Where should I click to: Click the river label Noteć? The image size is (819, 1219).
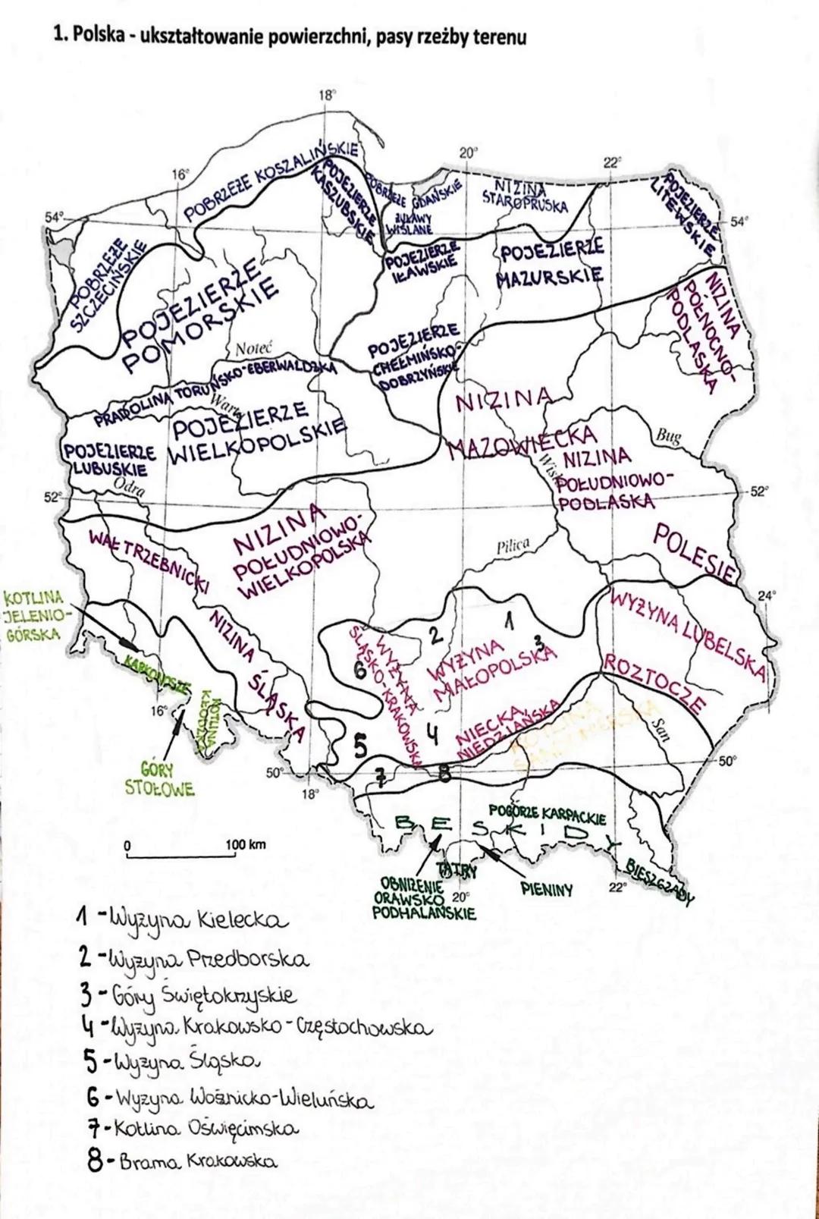253,349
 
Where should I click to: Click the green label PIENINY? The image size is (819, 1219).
547,889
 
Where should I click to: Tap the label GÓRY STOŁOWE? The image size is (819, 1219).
159,779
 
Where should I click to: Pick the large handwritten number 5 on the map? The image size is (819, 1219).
361,746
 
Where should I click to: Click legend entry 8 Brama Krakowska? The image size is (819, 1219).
182,1161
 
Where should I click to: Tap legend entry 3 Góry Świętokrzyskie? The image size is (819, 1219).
187,994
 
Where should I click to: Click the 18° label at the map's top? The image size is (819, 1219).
326,96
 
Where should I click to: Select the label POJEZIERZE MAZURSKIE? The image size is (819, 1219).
551,262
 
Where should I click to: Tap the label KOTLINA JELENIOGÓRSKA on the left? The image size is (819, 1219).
33,614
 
